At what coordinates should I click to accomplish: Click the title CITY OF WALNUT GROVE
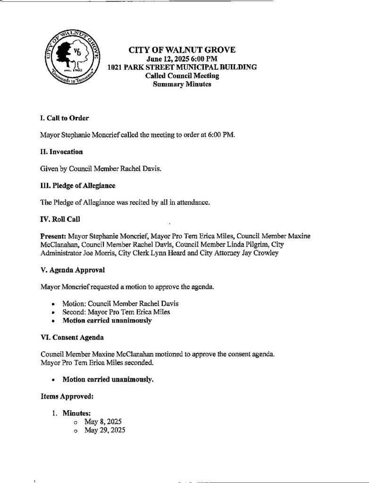coord(182,50)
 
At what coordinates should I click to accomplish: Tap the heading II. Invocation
coord(62,152)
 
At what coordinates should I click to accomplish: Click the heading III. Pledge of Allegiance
coord(78,186)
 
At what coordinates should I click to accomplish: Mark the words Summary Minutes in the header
coord(182,84)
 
